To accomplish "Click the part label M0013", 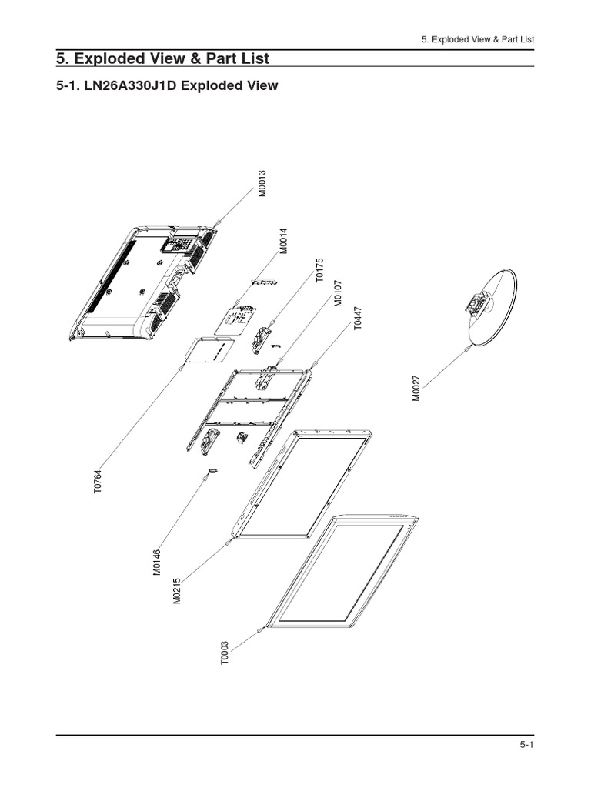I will (262, 184).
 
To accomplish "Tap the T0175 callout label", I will (321, 272).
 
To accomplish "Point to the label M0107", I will (338, 293).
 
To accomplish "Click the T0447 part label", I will (358, 318).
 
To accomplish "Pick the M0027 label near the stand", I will (416, 388).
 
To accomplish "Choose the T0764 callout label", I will (98, 482).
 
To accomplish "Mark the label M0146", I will (157, 562).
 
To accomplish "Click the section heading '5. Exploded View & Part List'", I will (162, 59).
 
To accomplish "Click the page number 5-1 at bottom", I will (526, 746).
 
